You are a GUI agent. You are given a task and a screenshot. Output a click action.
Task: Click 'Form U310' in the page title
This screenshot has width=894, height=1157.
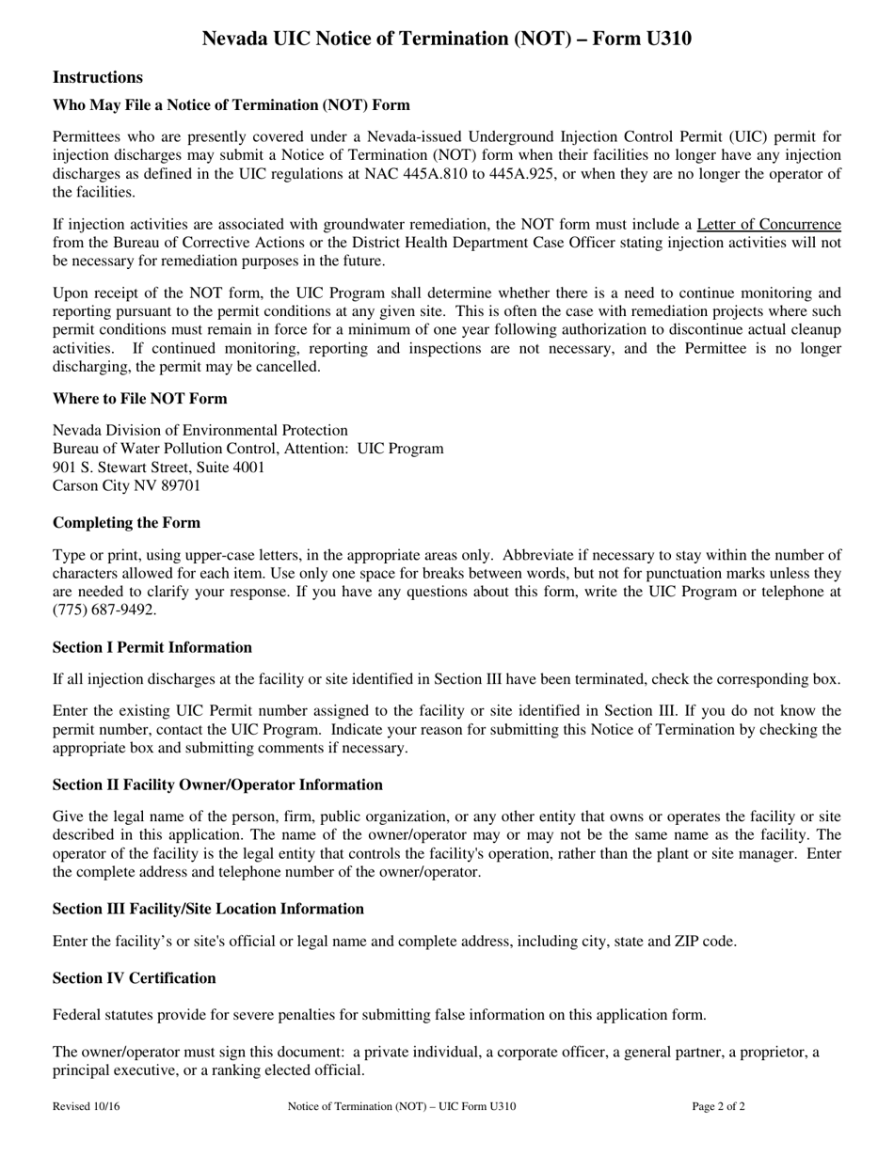point(646,39)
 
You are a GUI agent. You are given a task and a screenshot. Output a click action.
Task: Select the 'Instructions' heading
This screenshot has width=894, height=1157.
point(98,77)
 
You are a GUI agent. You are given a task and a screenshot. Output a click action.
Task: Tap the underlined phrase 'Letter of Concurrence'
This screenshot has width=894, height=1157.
point(768,224)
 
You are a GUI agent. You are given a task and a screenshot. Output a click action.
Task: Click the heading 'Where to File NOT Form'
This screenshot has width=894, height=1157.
point(139,398)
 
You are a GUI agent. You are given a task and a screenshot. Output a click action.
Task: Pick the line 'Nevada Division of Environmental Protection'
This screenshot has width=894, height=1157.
point(200,430)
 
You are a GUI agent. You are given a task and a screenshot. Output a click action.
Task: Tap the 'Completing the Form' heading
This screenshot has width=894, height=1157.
point(126,522)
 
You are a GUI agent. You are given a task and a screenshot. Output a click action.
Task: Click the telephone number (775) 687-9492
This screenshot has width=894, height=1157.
point(104,610)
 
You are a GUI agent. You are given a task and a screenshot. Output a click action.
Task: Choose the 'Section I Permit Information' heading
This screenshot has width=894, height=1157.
point(152,647)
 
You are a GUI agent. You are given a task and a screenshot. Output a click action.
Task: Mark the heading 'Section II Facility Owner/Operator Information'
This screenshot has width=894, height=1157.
point(217,785)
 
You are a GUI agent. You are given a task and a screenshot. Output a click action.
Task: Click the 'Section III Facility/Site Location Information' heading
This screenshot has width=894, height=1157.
point(208,909)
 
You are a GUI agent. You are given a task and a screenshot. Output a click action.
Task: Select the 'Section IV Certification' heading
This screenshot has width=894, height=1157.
point(134,978)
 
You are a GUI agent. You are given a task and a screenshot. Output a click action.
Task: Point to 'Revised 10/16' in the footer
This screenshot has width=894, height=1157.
point(86,1107)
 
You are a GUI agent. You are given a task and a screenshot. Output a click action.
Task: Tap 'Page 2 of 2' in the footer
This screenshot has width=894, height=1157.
point(718,1107)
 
